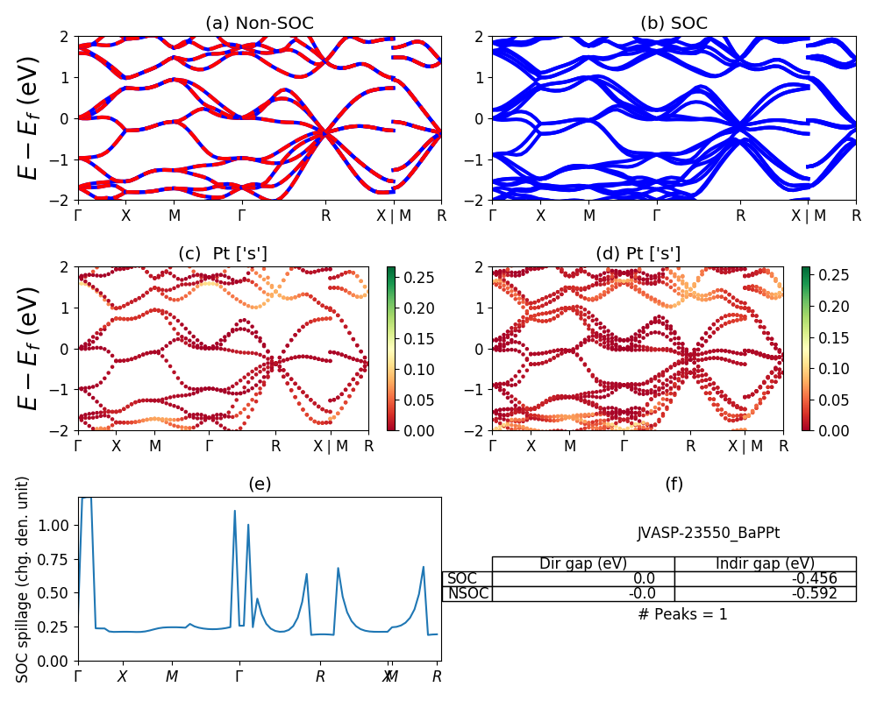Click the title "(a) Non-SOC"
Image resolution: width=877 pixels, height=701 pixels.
click(x=260, y=23)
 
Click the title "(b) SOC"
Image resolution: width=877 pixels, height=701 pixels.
click(x=674, y=23)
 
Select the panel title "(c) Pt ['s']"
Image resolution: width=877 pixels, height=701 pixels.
click(x=223, y=253)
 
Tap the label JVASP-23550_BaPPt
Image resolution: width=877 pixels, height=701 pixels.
click(x=708, y=532)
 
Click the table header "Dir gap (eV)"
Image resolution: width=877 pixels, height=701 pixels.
click(x=583, y=563)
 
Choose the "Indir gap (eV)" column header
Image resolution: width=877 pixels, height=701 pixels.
click(x=765, y=563)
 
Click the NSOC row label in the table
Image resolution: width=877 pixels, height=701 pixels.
click(x=467, y=593)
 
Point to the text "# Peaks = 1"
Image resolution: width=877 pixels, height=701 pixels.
click(x=682, y=614)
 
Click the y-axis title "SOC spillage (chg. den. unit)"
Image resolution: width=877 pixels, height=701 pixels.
click(x=24, y=579)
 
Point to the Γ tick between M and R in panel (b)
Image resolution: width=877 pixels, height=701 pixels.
click(x=656, y=216)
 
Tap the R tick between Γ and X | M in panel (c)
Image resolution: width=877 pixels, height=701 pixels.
click(x=276, y=446)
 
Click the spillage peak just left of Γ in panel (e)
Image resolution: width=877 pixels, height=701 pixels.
click(x=234, y=511)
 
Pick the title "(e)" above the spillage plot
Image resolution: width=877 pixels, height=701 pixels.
click(x=260, y=484)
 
